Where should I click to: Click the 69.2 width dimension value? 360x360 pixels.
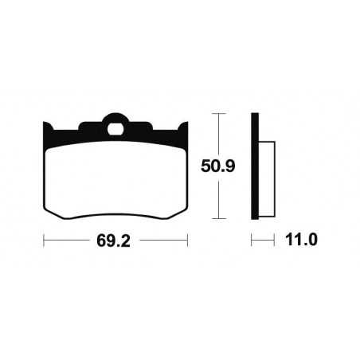click(114, 240)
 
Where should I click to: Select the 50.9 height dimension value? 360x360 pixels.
click(214, 168)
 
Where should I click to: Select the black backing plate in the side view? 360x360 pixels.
click(255, 167)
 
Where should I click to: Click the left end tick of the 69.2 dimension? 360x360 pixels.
click(43, 240)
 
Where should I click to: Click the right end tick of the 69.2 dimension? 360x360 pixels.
click(187, 240)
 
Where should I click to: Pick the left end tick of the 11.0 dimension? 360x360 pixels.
click(252, 240)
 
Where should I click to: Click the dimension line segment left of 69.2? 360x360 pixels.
click(68, 240)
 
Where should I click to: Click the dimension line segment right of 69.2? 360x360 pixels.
click(159, 240)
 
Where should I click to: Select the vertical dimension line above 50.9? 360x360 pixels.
click(219, 135)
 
